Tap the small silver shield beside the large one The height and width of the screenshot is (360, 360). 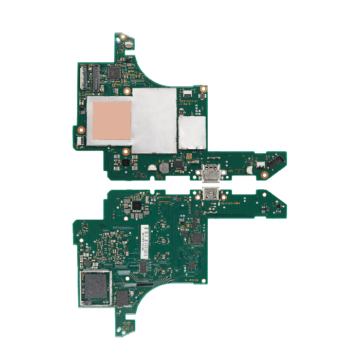pos(192,132)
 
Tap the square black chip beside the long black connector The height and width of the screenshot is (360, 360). pos(114,74)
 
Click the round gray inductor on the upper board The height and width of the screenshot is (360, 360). pos(164,168)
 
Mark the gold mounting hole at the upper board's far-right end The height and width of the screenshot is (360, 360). pos(264,175)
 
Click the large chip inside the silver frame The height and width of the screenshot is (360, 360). pos(96,286)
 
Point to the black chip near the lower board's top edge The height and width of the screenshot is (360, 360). pos(137,206)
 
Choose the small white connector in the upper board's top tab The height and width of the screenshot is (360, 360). pos(128,45)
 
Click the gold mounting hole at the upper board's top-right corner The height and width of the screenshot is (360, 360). pos(204,88)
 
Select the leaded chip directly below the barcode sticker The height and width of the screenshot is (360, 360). pos(142,268)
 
